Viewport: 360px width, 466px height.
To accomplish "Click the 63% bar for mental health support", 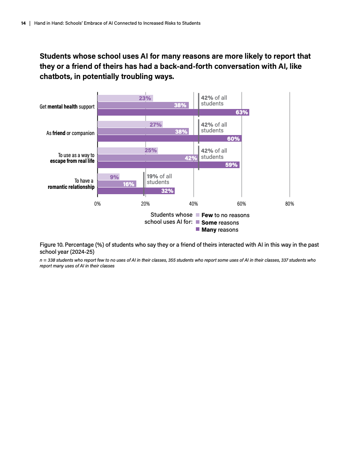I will click(x=173, y=112).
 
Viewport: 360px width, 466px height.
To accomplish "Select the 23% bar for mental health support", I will click(x=125, y=98).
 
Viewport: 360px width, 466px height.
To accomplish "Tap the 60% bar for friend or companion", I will click(x=169, y=139).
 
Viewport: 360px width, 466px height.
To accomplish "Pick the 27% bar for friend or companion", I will click(x=130, y=124).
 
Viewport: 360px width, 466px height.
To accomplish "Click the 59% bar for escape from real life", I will click(x=168, y=165).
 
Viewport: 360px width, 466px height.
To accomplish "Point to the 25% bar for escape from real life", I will click(x=127, y=150).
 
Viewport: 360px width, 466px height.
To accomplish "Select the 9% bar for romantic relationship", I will click(x=108, y=177).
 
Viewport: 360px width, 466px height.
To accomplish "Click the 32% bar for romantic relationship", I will click(x=136, y=191).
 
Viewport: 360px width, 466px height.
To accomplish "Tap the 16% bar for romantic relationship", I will click(x=116, y=184).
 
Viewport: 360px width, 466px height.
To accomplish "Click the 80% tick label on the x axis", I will click(x=289, y=204).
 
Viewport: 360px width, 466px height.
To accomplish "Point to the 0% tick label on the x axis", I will click(x=97, y=204).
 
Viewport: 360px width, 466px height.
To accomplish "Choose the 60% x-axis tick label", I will click(x=241, y=204).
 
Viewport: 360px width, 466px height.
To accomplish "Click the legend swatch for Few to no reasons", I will click(x=198, y=215).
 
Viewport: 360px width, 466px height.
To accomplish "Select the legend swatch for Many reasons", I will click(x=198, y=229).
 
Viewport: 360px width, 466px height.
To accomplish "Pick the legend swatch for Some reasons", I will click(x=198, y=222).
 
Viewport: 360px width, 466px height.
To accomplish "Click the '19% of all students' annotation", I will click(x=159, y=179).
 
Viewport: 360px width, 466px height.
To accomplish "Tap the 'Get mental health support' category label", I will click(x=67, y=106).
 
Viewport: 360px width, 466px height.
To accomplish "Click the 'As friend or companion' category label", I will click(x=70, y=133).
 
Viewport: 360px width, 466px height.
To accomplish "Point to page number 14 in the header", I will click(x=23, y=23).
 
